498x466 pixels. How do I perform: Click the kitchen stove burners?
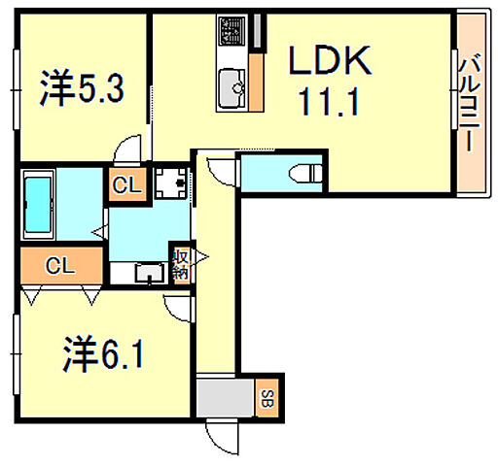[x=232, y=35]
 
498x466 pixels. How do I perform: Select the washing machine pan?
[x=175, y=182]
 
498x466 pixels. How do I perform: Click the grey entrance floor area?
[x=225, y=397]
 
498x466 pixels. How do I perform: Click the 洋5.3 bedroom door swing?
[x=128, y=150]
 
